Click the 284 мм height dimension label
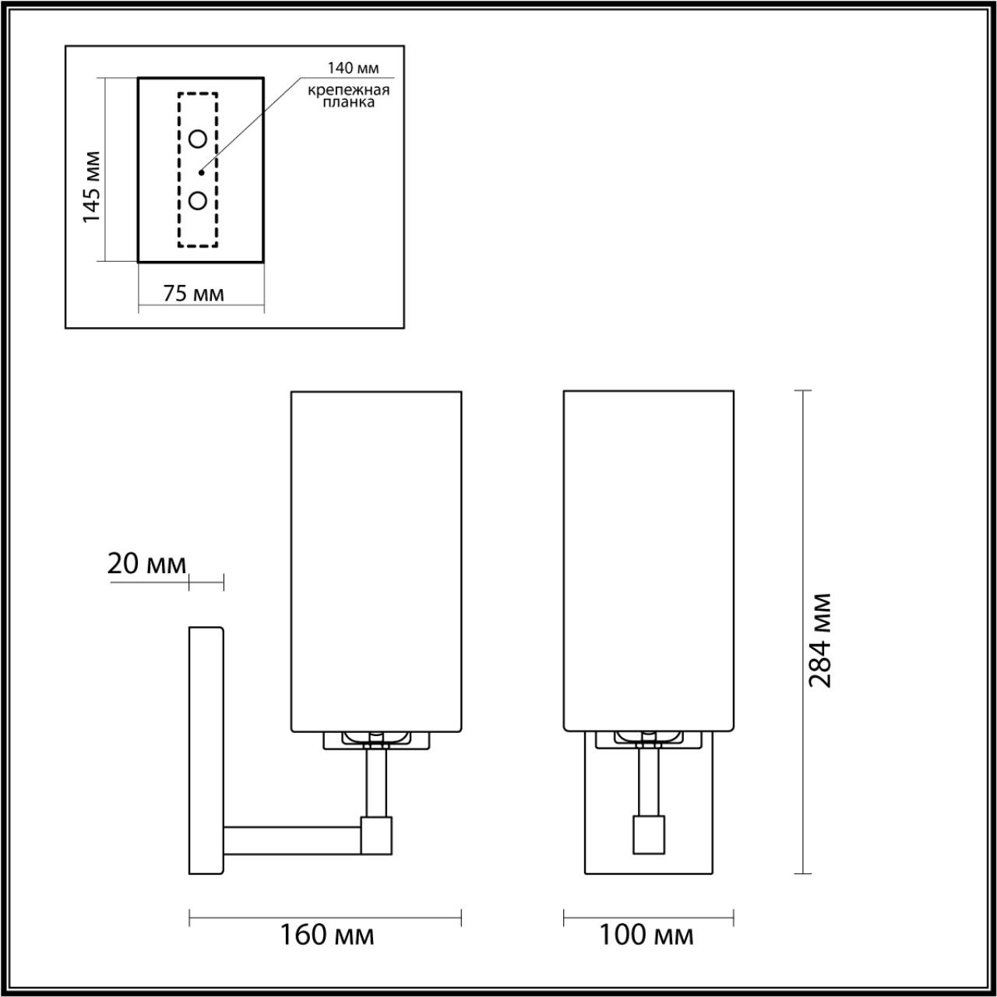pos(820,639)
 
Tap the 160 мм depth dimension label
pos(327,934)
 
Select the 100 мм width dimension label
pos(646,934)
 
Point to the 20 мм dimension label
pos(146,563)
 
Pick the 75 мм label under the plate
pos(193,294)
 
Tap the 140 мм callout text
pos(353,68)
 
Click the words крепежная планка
pos(348,96)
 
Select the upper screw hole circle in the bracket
pos(198,139)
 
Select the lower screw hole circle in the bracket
pos(198,200)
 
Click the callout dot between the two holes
pos(200,171)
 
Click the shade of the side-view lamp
pos(376,561)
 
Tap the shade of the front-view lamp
pos(648,561)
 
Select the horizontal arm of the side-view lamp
pos(292,839)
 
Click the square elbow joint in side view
pos(377,833)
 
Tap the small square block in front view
pos(648,833)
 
